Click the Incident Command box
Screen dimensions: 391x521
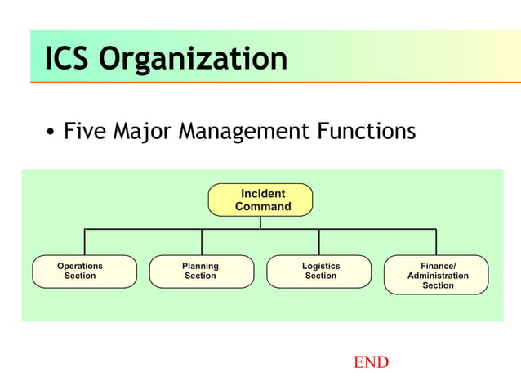coord(260,200)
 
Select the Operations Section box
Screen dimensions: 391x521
coord(84,272)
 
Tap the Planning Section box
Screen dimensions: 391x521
coord(202,272)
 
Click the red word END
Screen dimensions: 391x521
coord(371,362)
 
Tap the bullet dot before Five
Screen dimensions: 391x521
coord(51,133)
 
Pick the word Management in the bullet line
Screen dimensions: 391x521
coord(255,132)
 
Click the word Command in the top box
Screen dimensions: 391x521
coord(263,207)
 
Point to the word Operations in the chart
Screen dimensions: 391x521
coord(80,266)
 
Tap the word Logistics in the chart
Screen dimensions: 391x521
coord(321,266)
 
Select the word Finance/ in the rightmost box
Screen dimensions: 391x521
coord(439,266)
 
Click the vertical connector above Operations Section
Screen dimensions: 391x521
coord(85,242)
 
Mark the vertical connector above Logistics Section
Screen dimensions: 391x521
coord(319,242)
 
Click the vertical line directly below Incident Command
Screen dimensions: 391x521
coord(260,222)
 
